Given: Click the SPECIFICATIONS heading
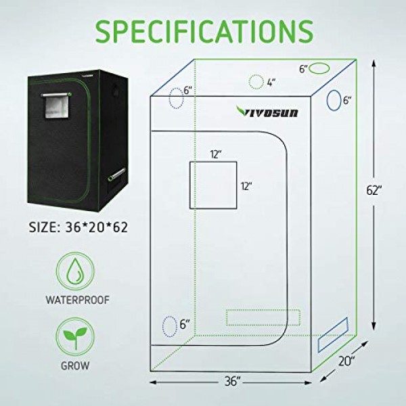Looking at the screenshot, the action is (x=204, y=31).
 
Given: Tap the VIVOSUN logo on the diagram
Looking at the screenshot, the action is (x=267, y=112).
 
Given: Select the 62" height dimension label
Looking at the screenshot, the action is (x=374, y=190).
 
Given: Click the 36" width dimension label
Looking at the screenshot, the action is (x=231, y=382).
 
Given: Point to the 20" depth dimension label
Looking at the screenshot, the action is (x=346, y=361).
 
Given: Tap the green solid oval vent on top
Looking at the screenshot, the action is (x=320, y=68).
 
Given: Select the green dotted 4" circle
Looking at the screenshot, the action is (x=256, y=82).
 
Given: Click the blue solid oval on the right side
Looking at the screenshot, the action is (x=334, y=100).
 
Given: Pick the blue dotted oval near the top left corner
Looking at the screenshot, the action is (x=177, y=98).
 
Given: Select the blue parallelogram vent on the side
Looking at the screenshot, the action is (x=333, y=334).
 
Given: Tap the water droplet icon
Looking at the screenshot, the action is (x=75, y=271).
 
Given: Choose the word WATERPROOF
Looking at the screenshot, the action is (x=78, y=300).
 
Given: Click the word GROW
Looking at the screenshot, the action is (x=75, y=365).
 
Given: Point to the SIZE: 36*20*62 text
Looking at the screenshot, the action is (x=78, y=227).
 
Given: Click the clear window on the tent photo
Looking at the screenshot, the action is (x=56, y=107).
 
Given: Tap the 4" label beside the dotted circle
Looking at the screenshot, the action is (x=271, y=83).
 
